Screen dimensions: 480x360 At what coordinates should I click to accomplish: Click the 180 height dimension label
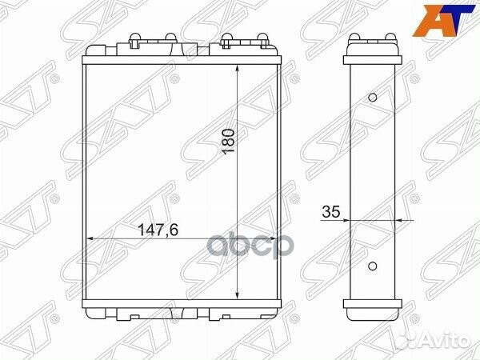(x=229, y=141)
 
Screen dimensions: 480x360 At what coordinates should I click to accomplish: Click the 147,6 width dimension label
(x=158, y=230)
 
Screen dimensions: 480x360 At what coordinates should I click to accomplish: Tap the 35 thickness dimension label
(x=331, y=211)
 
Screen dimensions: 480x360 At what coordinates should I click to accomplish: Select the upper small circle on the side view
(x=372, y=98)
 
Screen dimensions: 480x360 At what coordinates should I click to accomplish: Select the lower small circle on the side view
(x=372, y=266)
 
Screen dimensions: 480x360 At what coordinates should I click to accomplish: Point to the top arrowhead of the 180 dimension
(x=238, y=69)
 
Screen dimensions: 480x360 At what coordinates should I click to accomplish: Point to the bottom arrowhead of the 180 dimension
(x=238, y=294)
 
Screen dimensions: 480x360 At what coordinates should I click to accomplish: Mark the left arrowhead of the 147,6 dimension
(x=91, y=238)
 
